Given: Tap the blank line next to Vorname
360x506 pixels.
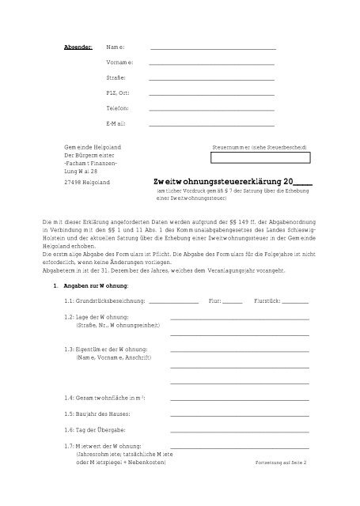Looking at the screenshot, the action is (211, 65).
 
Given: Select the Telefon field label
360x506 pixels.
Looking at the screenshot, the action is (117, 108).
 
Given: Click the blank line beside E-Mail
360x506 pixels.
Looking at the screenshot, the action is (211, 125).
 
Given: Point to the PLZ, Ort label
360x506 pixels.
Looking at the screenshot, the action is (119, 93).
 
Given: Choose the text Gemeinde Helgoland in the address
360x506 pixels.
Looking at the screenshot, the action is (93, 148).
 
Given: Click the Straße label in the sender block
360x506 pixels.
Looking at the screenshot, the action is (116, 79).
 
